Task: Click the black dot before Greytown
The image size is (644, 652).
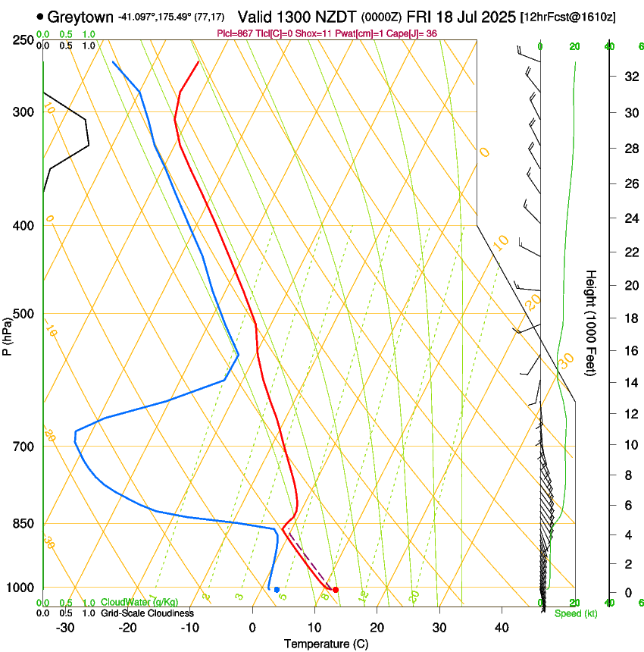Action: tap(39, 16)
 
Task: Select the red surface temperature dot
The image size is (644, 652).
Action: tap(336, 589)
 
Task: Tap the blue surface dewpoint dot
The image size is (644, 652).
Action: tap(277, 589)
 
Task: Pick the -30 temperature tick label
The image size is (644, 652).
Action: tap(66, 628)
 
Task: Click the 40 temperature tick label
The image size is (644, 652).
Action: tap(501, 628)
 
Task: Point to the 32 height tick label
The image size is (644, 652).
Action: tap(629, 77)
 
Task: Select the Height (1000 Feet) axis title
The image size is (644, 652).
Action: tap(592, 322)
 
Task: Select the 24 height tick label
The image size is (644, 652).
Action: tap(629, 218)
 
